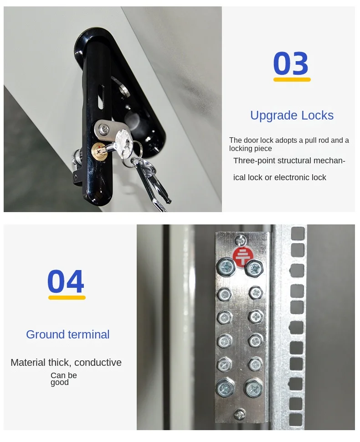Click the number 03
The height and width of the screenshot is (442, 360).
pos(291,63)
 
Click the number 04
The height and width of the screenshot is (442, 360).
pos(66,281)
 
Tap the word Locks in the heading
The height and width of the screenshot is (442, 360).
pos(318,115)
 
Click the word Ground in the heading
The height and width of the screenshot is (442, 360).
pos(46,335)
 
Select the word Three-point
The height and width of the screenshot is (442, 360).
pos(255,161)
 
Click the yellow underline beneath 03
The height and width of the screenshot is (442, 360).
pos(292,80)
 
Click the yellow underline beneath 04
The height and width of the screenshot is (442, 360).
pos(67,297)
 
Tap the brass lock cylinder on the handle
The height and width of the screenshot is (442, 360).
pos(98,150)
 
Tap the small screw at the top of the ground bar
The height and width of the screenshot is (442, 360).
pos(240,241)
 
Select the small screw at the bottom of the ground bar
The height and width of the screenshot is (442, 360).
pos(239,414)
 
